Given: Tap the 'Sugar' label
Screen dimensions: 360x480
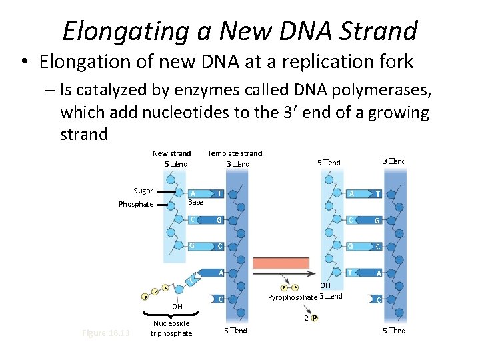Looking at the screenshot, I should [x=143, y=191].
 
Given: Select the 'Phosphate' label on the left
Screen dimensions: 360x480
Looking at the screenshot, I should [x=136, y=205].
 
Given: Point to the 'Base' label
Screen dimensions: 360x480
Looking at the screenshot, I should [x=195, y=202].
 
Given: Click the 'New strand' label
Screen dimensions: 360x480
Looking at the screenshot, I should [x=171, y=153].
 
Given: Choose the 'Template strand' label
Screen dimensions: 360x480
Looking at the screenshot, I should [x=235, y=153].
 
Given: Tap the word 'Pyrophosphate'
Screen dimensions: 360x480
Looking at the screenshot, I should [x=292, y=297].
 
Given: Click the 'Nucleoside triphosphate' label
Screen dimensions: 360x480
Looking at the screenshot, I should [x=171, y=328].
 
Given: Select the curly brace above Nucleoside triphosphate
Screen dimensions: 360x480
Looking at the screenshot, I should [x=171, y=315].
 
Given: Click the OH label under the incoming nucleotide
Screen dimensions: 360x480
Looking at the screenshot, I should [x=177, y=307].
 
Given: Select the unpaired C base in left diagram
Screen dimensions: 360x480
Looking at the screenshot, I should [x=221, y=299].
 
